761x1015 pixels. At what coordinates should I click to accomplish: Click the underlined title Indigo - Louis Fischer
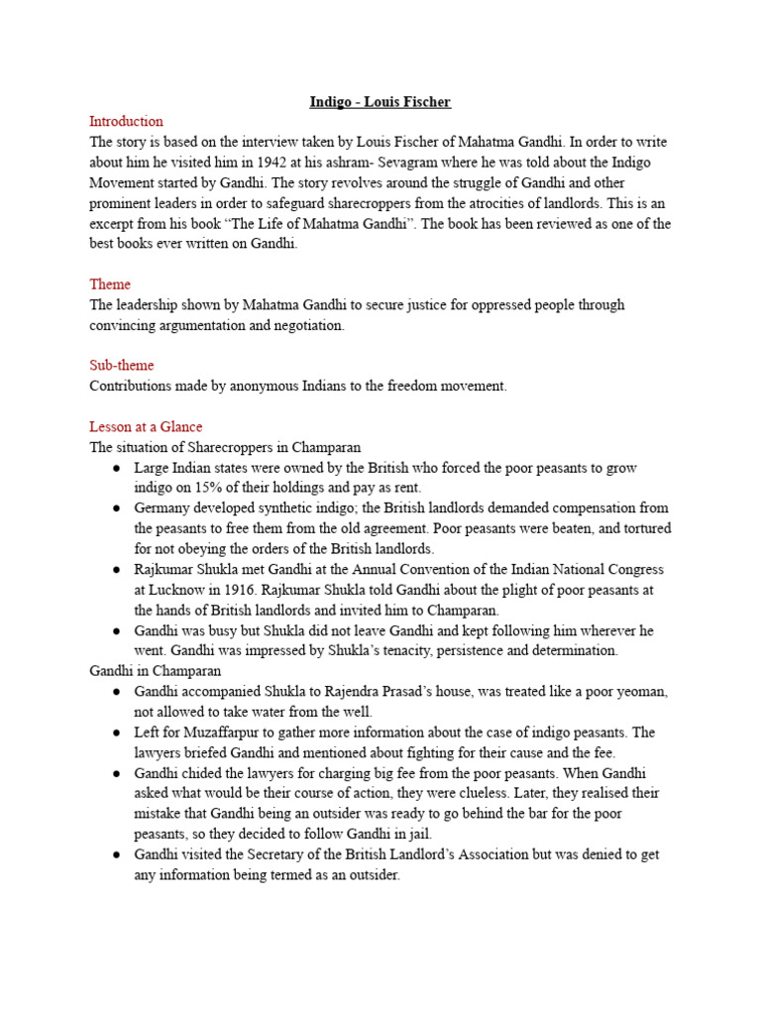(x=380, y=102)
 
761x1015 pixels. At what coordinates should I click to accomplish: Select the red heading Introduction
(x=126, y=122)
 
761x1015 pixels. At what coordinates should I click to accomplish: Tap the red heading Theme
(x=109, y=284)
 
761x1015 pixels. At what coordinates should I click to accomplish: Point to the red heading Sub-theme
(x=122, y=366)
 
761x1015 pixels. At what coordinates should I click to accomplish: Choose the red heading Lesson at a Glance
(x=146, y=427)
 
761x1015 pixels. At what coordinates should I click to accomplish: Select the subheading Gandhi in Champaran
(x=149, y=671)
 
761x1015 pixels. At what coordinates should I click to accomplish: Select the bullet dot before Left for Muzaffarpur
(x=116, y=733)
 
